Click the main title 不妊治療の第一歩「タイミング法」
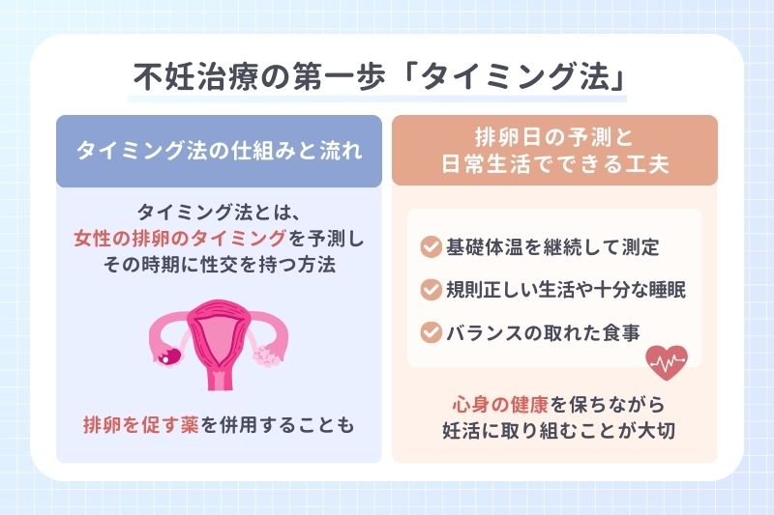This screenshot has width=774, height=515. pyautogui.click(x=379, y=77)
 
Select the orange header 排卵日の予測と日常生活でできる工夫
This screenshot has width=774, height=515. pyautogui.click(x=554, y=151)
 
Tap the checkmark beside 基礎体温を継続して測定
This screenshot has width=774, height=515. pyautogui.click(x=432, y=246)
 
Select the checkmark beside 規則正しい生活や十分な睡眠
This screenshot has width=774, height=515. pyautogui.click(x=432, y=290)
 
